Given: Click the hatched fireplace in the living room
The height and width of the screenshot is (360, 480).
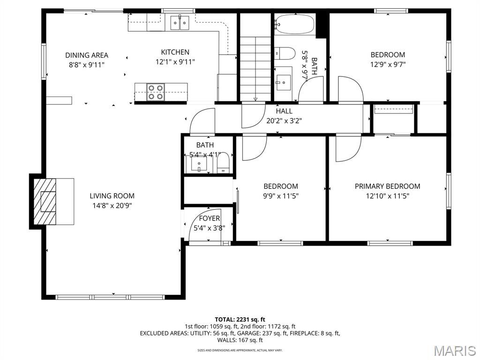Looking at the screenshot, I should click(47, 202).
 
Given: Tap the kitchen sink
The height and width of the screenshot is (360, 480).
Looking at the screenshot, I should click(179, 22).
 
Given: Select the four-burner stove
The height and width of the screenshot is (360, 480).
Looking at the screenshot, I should click(156, 91).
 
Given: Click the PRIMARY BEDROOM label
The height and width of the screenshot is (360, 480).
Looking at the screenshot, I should click(387, 186).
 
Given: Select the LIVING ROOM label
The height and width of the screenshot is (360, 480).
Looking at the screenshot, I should click(112, 196).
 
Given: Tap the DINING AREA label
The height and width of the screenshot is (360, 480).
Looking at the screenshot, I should click(87, 55).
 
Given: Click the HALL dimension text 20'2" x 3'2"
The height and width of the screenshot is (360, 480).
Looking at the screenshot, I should click(284, 120).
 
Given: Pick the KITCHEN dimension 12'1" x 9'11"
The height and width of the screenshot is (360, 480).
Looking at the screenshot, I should click(175, 62).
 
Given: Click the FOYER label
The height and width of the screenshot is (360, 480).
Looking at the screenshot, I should click(210, 218).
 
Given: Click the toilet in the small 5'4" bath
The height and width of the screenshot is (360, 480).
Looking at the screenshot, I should click(224, 163).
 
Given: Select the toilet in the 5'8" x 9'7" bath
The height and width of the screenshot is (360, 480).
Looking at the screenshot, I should click(285, 53).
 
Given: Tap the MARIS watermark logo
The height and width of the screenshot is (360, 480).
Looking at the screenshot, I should click(454, 350).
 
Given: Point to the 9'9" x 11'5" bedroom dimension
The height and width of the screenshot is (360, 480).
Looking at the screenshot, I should click(280, 196).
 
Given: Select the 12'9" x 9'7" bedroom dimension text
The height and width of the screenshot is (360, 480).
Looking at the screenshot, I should click(388, 64).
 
